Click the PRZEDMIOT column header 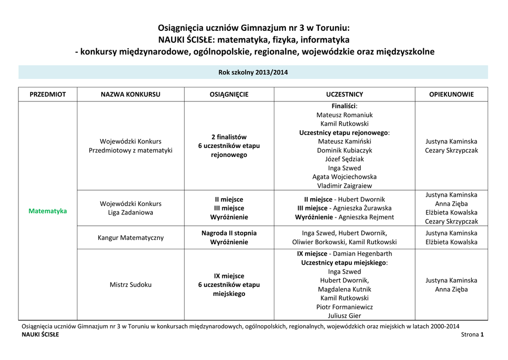tap(48, 94)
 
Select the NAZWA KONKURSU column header tap(130, 94)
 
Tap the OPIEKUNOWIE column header tap(451, 94)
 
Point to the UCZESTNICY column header tap(344, 94)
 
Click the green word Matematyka tap(48, 211)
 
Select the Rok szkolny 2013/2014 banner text tap(253, 72)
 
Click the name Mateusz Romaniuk tap(344, 115)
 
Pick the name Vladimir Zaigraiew tap(344, 186)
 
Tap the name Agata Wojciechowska tap(344, 177)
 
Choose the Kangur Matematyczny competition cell tap(130, 238)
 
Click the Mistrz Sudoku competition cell tap(130, 285)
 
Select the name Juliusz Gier tap(344, 316)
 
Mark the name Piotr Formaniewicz tap(344, 307)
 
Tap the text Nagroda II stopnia tap(229, 233)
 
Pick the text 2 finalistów tap(229, 137)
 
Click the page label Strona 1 tap(472, 335)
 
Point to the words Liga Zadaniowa tap(130, 213)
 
